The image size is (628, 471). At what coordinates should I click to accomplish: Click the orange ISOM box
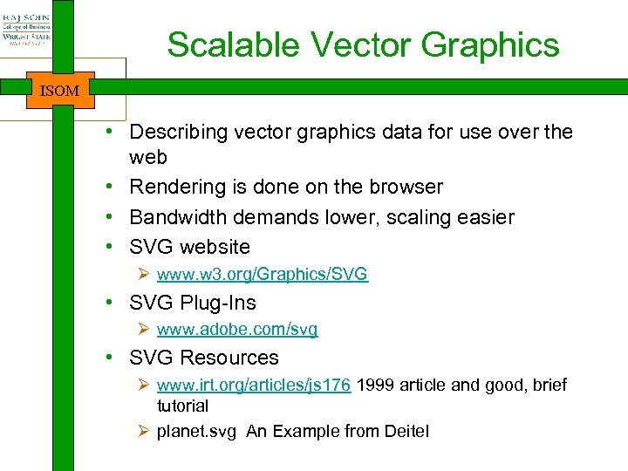[59, 90]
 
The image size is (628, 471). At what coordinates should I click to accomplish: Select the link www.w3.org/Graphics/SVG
[263, 275]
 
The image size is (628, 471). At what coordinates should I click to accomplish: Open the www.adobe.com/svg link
[237, 330]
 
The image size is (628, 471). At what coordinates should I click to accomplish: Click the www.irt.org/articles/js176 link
[254, 386]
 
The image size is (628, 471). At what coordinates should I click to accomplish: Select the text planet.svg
[196, 432]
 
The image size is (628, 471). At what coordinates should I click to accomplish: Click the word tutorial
[182, 406]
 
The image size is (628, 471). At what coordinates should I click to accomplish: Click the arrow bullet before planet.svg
[145, 432]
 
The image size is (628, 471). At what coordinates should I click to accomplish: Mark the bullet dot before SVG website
[114, 246]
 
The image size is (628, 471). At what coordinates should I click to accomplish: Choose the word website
[215, 246]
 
